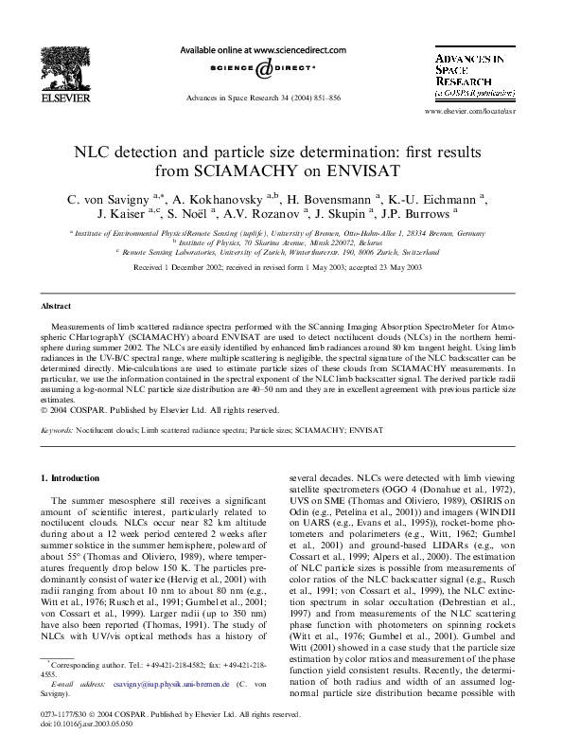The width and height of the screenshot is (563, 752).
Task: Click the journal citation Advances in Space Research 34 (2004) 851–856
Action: (263, 98)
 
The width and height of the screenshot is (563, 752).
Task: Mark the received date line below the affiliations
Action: (277, 268)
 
